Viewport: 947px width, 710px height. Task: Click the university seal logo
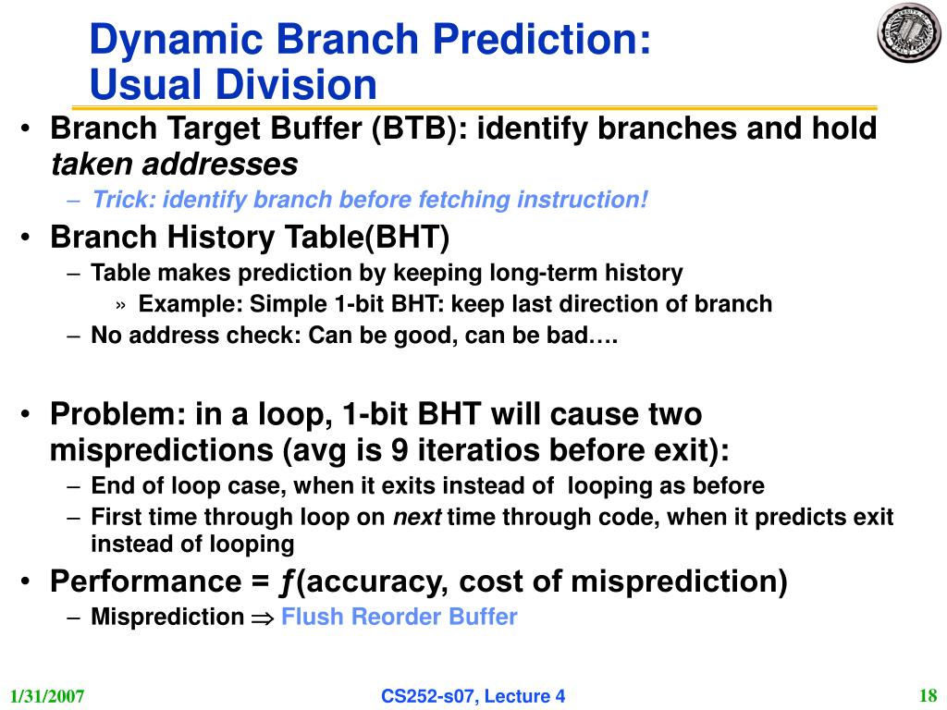point(908,33)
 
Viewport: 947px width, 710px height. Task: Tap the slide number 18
point(928,696)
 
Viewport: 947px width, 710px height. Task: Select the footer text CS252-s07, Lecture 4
point(473,696)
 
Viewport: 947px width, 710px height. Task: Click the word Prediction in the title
point(542,39)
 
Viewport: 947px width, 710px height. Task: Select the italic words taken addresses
point(175,164)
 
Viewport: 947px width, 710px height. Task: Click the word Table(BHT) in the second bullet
point(367,237)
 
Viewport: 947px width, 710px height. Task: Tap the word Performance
point(146,581)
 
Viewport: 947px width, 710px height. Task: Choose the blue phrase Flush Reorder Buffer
point(400,617)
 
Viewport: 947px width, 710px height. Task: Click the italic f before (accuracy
point(287,582)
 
